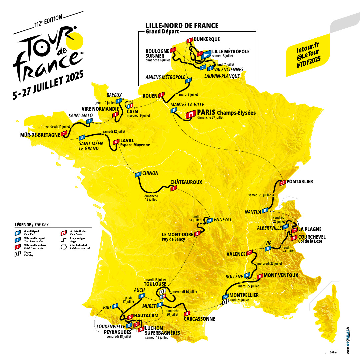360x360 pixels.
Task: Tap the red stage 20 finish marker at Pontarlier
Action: [x=282, y=183]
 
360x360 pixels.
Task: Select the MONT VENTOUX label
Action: [x=281, y=275]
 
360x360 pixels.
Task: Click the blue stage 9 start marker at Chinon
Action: [x=137, y=174]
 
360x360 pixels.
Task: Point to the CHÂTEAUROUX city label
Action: [x=186, y=182]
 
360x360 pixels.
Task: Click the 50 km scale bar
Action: [x=333, y=353]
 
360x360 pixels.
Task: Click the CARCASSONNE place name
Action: [x=199, y=319]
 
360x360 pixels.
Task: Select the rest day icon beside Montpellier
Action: [x=225, y=301]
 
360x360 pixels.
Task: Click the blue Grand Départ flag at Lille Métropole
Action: [x=207, y=53]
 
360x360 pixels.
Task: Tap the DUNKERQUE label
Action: [x=207, y=39]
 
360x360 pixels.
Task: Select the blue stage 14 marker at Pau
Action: [x=115, y=306]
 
